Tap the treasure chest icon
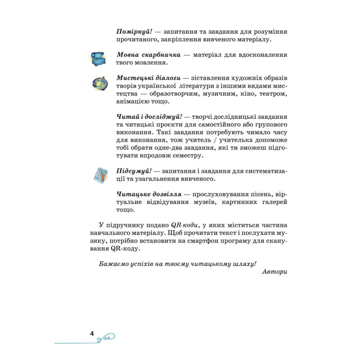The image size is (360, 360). [99, 58]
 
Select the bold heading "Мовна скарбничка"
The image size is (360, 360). [148, 55]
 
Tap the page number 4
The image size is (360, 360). [92, 333]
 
